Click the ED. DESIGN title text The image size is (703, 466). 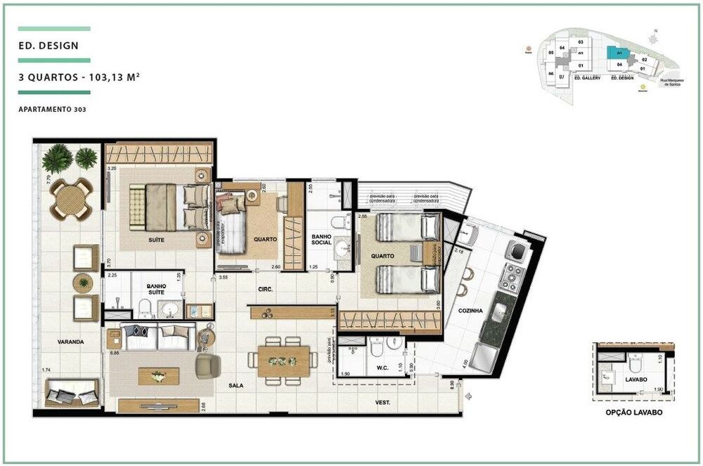49,47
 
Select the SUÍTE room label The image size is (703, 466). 156,240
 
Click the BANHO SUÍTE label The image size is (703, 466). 157,289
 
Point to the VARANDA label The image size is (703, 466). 71,342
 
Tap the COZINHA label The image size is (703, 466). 470,310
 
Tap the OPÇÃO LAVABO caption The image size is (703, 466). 633,413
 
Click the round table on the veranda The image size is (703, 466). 70,199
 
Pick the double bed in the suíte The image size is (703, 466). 169,206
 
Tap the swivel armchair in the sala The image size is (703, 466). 207,365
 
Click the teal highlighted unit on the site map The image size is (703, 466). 617,53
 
